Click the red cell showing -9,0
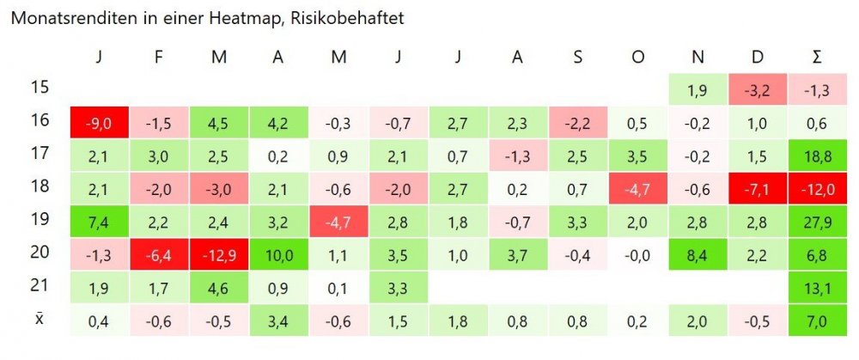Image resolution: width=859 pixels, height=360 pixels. tap(100, 123)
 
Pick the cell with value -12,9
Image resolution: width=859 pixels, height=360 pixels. tap(218, 254)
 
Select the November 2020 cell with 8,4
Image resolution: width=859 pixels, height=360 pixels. tap(698, 254)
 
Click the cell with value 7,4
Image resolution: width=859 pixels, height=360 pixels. tap(100, 222)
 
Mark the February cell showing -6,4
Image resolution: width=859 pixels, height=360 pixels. tap(159, 254)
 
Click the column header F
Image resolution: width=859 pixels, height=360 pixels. tap(159, 58)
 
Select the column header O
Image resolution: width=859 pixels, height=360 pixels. tap(638, 58)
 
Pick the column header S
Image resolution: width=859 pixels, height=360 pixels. tap(579, 58)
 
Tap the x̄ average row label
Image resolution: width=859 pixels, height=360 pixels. tap(39, 319)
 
